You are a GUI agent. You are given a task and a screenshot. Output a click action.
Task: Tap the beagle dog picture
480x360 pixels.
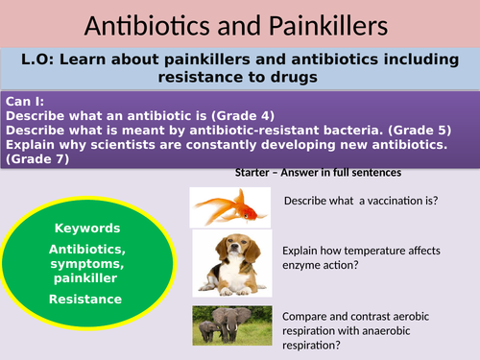228,262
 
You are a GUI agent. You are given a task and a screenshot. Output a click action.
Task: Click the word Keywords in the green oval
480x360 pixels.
87,228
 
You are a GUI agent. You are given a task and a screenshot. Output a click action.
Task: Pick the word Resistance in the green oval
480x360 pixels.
87,299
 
